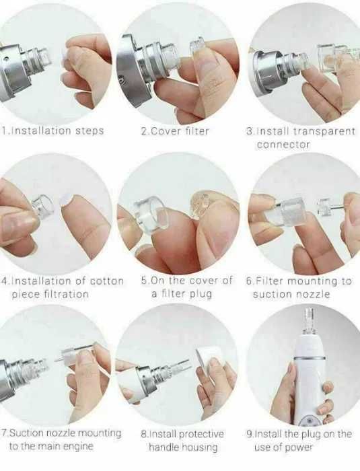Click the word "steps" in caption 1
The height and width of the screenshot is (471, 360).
click(x=89, y=131)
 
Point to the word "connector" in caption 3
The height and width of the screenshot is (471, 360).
click(x=283, y=145)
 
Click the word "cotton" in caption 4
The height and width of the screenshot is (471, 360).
click(x=107, y=281)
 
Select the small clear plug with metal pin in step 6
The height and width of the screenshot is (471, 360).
click(x=330, y=207)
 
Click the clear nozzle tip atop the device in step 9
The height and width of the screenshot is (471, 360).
click(x=310, y=322)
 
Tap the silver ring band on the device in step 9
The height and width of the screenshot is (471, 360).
click(x=310, y=359)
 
